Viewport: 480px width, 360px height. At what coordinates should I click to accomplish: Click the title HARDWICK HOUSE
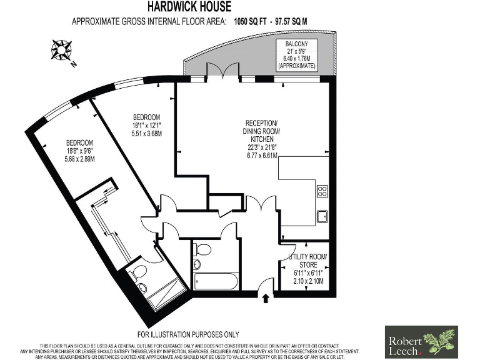189,7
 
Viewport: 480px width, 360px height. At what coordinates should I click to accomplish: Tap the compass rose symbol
61,49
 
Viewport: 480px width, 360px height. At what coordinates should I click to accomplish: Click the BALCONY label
297,43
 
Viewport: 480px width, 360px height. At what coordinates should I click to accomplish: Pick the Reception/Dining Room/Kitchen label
262,131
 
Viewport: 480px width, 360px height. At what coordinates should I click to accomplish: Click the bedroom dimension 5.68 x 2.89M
71,159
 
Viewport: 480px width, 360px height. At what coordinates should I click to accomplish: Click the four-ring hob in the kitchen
322,191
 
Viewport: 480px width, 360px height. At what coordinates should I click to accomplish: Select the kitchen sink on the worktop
322,216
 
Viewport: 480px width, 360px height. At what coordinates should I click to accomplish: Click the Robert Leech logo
421,341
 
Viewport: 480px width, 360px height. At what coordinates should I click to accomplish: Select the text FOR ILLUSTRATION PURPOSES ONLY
187,334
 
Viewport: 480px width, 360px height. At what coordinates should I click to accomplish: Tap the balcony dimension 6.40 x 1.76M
297,57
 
